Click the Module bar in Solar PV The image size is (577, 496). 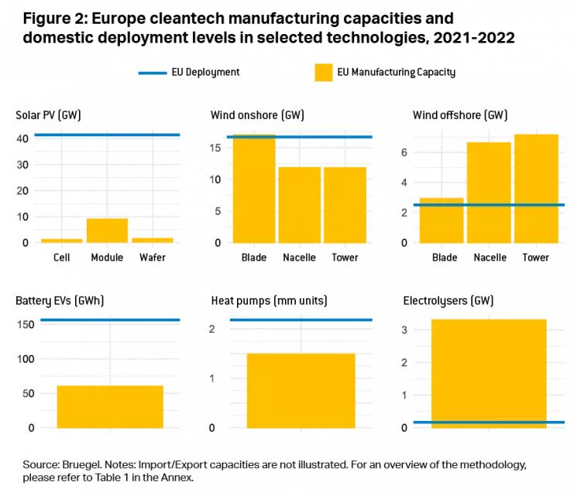(x=107, y=231)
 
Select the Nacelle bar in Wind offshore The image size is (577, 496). (x=488, y=193)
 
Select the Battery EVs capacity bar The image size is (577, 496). (x=110, y=407)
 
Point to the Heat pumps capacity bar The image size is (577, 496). (x=301, y=391)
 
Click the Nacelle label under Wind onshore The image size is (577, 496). (x=300, y=258)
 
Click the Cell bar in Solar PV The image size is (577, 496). (x=61, y=241)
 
